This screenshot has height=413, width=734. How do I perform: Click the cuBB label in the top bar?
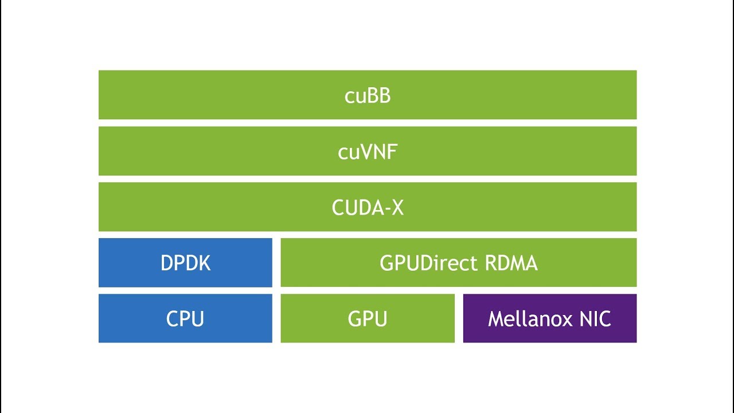pos(368,95)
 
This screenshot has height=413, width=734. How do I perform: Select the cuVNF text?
pos(368,151)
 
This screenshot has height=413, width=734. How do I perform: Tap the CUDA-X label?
pos(368,208)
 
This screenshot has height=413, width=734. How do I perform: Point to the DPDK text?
pos(185,263)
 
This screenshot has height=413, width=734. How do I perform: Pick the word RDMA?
pos(511,263)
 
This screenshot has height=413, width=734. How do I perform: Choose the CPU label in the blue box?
pos(185,319)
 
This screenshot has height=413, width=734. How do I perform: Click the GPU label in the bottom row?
pos(368,319)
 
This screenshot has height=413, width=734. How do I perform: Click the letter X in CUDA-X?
pos(397,208)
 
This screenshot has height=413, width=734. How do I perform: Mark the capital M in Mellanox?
pos(495,319)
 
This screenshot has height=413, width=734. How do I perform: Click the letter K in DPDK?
pos(204,263)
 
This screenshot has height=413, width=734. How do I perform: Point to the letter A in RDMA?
pos(531,263)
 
